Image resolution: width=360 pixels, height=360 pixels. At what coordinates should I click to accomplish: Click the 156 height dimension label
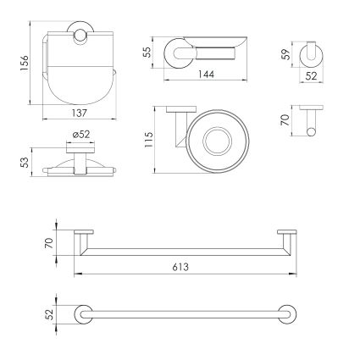25,64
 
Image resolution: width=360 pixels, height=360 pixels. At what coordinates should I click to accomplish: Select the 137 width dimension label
80,114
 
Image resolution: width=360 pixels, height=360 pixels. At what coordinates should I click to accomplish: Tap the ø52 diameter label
81,134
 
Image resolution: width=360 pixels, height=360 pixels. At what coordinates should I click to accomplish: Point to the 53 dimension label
25,163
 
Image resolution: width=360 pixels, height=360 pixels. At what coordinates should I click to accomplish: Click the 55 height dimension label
147,53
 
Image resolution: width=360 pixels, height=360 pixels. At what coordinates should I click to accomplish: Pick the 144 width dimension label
206,75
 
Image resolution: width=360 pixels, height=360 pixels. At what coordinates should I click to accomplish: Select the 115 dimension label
148,139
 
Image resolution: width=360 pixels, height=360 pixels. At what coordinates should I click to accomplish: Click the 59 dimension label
286,54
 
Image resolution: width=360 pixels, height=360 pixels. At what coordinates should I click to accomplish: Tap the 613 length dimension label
180,267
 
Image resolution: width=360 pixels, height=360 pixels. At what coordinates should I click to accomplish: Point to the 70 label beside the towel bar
49,243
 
